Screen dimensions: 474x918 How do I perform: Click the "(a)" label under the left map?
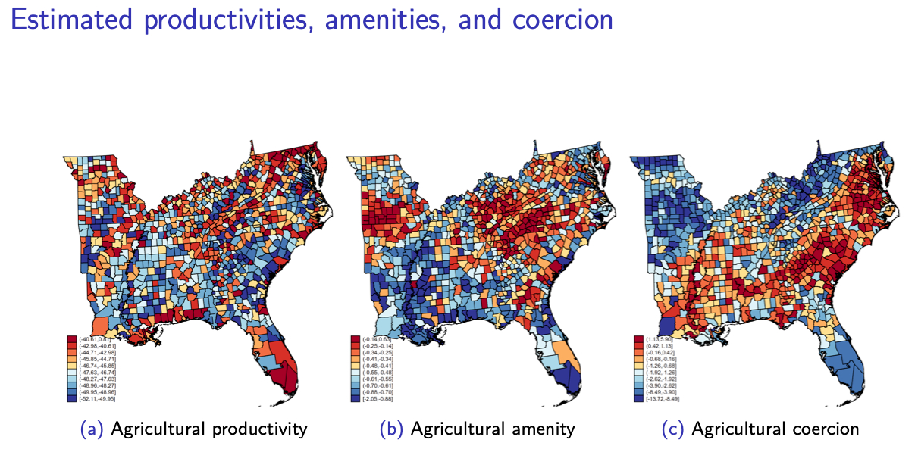(x=92, y=429)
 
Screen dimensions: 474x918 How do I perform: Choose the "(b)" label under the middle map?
(x=391, y=429)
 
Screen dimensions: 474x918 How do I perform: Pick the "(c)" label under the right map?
(x=672, y=429)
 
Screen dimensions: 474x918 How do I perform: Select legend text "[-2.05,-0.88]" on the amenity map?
(x=376, y=398)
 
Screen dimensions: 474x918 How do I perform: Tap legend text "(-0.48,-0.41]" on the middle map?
(x=376, y=364)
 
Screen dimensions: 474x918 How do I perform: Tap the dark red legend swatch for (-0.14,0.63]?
(x=354, y=338)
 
